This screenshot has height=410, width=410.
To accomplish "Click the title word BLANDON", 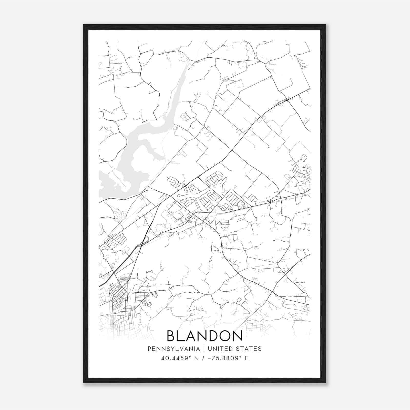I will click(x=205, y=336).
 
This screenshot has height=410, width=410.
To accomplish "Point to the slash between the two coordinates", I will click(x=203, y=358).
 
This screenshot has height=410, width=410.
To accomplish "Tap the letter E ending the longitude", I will click(x=247, y=358).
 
